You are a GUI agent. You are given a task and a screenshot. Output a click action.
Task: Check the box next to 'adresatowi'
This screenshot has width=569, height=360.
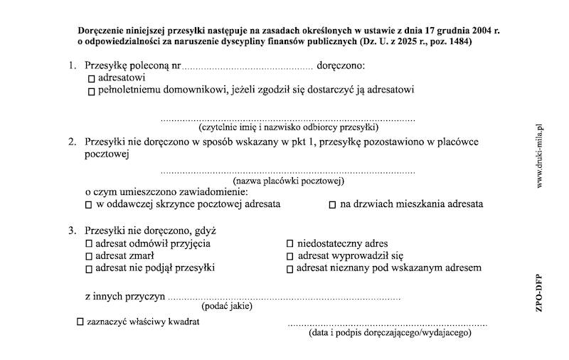pos(90,78)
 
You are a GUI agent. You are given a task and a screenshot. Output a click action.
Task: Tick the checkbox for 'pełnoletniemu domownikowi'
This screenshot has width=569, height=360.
pos(90,92)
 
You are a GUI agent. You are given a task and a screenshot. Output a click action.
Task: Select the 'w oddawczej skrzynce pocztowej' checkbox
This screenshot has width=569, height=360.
pos(89,205)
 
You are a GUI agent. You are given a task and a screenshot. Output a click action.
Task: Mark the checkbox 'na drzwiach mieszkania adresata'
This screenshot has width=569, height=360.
pos(332,205)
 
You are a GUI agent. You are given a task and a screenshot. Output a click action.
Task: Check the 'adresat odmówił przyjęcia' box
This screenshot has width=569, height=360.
pos(89,244)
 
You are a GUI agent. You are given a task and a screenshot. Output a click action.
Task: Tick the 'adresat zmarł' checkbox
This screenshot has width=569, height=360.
pos(89,256)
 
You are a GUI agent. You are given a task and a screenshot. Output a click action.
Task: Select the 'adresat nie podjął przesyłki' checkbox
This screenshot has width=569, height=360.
pos(89,269)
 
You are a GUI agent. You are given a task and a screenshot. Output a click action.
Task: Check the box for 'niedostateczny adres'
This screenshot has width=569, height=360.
pos(289,244)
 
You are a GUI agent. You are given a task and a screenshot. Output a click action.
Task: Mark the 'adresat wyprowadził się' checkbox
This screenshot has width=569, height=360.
pos(289,256)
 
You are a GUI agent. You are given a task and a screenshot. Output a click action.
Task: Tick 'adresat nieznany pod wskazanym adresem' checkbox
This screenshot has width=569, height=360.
pos(289,269)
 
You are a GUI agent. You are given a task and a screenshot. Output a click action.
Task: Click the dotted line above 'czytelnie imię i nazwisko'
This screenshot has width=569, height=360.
pos(287,120)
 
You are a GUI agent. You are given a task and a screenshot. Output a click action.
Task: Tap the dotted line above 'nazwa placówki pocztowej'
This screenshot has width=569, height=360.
pos(287,173)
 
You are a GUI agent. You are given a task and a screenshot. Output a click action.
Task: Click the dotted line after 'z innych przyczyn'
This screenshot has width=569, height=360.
pos(284,299)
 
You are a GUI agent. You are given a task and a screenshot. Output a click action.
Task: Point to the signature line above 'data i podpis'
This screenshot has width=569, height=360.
pos(388,324)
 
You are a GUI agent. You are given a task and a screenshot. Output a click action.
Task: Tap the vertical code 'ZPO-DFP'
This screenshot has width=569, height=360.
pos(540,292)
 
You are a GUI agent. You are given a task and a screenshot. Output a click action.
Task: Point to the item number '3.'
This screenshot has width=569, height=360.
pos(73,231)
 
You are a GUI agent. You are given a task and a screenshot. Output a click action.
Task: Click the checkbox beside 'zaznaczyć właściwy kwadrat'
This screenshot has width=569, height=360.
pos(80,322)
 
